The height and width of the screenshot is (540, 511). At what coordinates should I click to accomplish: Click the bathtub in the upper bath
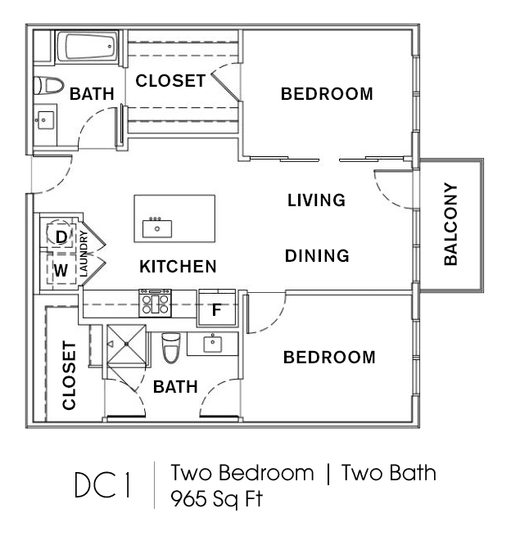coord(87,47)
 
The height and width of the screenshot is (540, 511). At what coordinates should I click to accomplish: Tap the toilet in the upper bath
coord(48,85)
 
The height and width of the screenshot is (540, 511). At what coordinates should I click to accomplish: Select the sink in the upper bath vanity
coord(46,120)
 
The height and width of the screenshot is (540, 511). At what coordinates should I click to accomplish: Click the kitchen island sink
coord(157,228)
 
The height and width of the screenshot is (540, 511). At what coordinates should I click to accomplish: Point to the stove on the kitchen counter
coord(155,303)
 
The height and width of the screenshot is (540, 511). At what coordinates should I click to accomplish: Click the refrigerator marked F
coord(217,309)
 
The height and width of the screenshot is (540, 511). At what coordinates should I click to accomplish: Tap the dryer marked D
coord(61,236)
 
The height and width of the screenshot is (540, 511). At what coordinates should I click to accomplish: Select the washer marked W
coord(61,270)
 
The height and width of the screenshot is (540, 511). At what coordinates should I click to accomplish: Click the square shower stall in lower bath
coord(127,344)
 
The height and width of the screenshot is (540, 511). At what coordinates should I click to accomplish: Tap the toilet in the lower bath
coord(170,348)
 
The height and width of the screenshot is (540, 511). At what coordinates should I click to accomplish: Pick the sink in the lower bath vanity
coord(213,343)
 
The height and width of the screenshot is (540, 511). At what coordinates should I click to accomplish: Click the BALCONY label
coord(450,224)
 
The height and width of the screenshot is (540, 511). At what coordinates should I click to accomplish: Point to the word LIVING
coord(317,200)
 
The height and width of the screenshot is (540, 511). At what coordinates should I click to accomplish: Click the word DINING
coord(317,256)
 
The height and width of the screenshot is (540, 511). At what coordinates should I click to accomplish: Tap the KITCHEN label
coord(178,267)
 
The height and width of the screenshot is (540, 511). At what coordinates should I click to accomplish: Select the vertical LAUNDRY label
coord(84,254)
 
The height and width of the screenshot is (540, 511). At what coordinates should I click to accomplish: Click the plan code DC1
coord(102,484)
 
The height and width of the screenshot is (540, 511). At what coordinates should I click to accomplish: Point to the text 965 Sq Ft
coord(217,498)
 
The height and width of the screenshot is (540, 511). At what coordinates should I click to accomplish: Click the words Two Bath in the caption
coord(389,473)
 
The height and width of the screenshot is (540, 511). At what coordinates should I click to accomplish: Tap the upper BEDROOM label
coord(327,94)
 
